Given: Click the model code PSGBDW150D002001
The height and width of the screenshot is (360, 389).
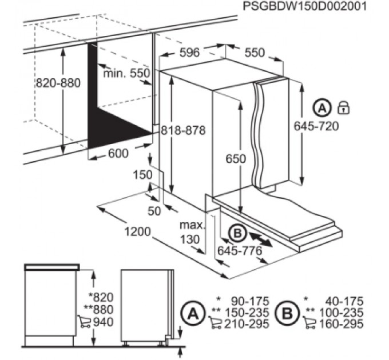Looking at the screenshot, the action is (305, 6).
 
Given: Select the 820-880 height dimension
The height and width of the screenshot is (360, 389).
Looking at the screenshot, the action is (58, 83).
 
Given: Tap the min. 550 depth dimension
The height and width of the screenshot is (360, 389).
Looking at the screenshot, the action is (126, 73).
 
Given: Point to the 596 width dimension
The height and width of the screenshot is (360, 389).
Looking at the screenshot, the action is (189, 52).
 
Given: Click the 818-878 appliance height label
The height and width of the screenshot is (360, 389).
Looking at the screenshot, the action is (183, 130).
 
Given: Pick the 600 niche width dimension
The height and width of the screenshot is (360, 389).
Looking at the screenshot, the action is (118, 153).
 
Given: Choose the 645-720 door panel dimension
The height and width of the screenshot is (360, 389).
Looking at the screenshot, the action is (316, 126).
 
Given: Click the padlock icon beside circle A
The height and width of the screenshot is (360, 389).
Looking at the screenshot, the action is (344, 108).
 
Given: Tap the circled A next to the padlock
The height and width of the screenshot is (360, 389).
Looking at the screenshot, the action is (322, 108).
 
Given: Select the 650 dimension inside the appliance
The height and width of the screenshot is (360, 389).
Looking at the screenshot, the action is (236, 159).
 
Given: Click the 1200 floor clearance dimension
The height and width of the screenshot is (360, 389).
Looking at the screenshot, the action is (137, 231).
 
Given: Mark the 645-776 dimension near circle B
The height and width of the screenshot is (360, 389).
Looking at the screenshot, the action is (240, 251).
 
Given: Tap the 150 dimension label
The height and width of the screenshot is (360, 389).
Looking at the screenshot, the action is (142, 175).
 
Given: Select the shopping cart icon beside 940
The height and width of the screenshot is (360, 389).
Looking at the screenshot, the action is (84, 321).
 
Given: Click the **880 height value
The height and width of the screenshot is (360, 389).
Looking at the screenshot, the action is (98, 310).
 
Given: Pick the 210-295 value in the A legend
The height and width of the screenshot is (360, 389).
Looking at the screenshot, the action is (247, 323).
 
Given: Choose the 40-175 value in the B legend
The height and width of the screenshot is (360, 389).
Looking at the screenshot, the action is (344, 302).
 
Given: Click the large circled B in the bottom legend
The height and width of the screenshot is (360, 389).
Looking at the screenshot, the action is (288, 313).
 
